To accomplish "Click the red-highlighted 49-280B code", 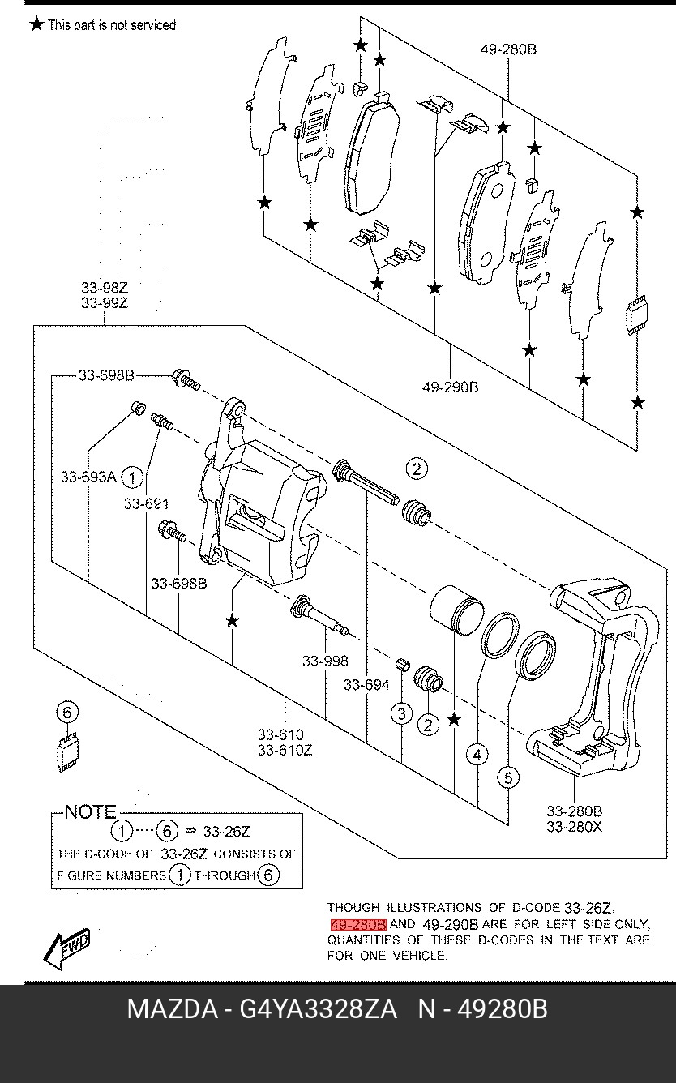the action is click(358, 925).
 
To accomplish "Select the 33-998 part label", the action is click(325, 661).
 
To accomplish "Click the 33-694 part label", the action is click(366, 685).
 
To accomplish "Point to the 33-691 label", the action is click(147, 503).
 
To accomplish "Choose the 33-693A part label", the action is click(88, 477).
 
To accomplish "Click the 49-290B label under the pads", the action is click(450, 387).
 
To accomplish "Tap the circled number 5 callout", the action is click(508, 777).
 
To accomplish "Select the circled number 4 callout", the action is click(477, 755).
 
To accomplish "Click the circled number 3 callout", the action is click(401, 713).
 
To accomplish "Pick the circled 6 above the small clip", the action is click(67, 713).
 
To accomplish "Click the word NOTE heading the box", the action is click(91, 811).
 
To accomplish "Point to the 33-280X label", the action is click(575, 827).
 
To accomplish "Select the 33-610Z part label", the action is click(285, 750).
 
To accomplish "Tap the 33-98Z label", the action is click(104, 288).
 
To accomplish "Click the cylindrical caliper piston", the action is click(457, 610).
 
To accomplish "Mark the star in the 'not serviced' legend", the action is click(36, 24).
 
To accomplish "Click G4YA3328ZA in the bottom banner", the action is click(319, 1009).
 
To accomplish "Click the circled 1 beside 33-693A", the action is click(132, 477).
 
